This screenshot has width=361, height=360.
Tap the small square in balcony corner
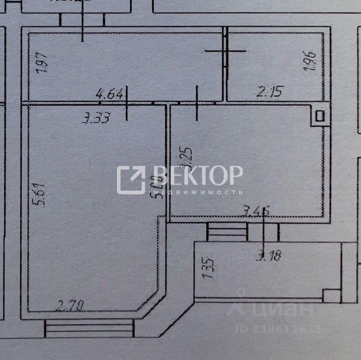tap(330, 295)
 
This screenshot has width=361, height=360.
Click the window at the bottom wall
tap(89, 328)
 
